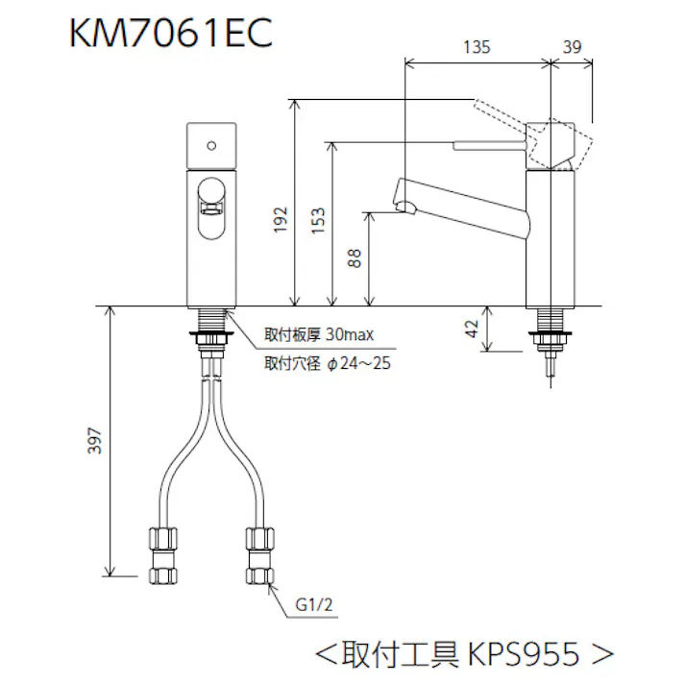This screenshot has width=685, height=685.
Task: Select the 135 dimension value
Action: coord(477,46)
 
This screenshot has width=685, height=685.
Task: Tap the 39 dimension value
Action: coord(573,46)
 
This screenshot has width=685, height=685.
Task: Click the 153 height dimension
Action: coord(320,220)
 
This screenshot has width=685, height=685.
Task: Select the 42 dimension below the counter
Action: coord(472,329)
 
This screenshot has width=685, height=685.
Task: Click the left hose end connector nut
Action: coord(160,558)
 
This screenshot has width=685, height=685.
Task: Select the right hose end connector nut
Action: coord(258,556)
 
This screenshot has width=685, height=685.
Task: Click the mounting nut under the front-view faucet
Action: coord(209,336)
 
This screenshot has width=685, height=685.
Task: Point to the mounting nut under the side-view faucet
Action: coord(551,336)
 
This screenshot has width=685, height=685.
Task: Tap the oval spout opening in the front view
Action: coord(211,207)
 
